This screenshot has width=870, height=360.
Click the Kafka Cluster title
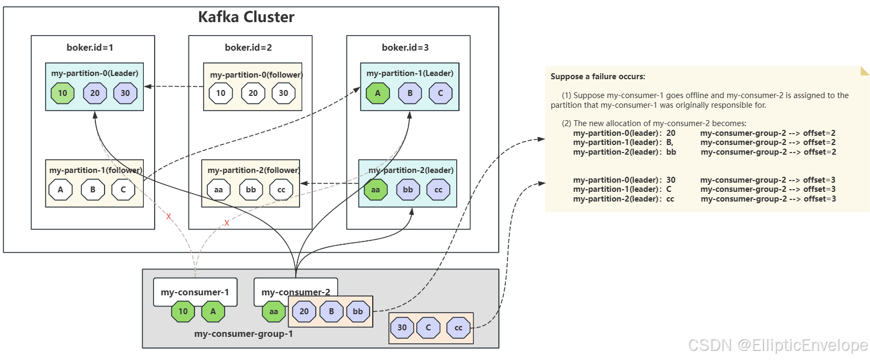pyautogui.click(x=246, y=17)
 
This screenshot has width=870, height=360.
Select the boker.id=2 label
pyautogui.click(x=248, y=47)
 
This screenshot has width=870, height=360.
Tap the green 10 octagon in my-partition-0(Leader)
pyautogui.click(x=62, y=93)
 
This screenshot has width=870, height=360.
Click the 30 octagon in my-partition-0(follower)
pyautogui.click(x=283, y=93)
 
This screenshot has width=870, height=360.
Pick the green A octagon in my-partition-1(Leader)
pyautogui.click(x=378, y=93)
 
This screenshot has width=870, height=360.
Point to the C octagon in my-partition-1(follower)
pyautogui.click(x=123, y=190)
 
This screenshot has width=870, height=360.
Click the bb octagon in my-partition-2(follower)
pyautogui.click(x=251, y=190)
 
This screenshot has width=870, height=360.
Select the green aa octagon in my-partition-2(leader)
pyautogui.click(x=375, y=190)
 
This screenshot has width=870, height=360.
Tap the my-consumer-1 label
pyautogui.click(x=195, y=292)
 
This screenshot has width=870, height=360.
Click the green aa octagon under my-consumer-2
pyautogui.click(x=274, y=311)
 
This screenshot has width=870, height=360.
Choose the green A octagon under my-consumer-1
pyautogui.click(x=213, y=311)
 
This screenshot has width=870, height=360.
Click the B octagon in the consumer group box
pyautogui.click(x=331, y=311)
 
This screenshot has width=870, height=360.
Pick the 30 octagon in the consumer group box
pyautogui.click(x=402, y=328)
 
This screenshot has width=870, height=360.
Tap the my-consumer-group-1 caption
pyautogui.click(x=243, y=334)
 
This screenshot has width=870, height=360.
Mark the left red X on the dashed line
pyautogui.click(x=169, y=217)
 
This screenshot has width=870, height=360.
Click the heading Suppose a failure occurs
pyautogui.click(x=597, y=77)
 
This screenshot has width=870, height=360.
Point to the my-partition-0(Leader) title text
pyautogui.click(x=95, y=73)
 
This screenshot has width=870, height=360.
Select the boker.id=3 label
pyautogui.click(x=405, y=47)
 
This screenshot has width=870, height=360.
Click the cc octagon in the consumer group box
pyautogui.click(x=458, y=328)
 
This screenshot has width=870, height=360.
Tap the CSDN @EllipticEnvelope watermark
pyautogui.click(x=778, y=345)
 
